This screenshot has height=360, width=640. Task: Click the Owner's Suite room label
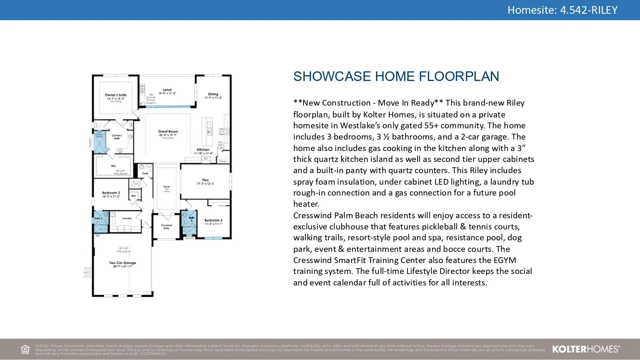point(116,95)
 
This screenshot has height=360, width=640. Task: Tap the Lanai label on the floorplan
point(167,90)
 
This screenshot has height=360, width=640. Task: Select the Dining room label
point(213,94)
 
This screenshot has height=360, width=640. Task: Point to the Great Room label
point(168,132)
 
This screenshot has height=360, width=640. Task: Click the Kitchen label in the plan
point(203,150)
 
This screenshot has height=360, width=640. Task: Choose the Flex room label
point(205,180)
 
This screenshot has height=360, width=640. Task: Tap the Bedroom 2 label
point(111,193)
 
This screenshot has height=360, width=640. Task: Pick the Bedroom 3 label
point(213,220)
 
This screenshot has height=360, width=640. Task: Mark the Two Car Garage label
point(123,263)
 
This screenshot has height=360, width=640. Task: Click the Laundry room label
point(127,218)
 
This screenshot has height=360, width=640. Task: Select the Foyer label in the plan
point(167,187)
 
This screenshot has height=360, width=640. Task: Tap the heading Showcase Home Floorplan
point(396,76)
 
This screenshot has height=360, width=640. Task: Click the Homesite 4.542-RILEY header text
point(562,10)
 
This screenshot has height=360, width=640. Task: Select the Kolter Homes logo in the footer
point(586,349)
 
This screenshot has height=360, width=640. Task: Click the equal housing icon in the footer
point(25,349)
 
